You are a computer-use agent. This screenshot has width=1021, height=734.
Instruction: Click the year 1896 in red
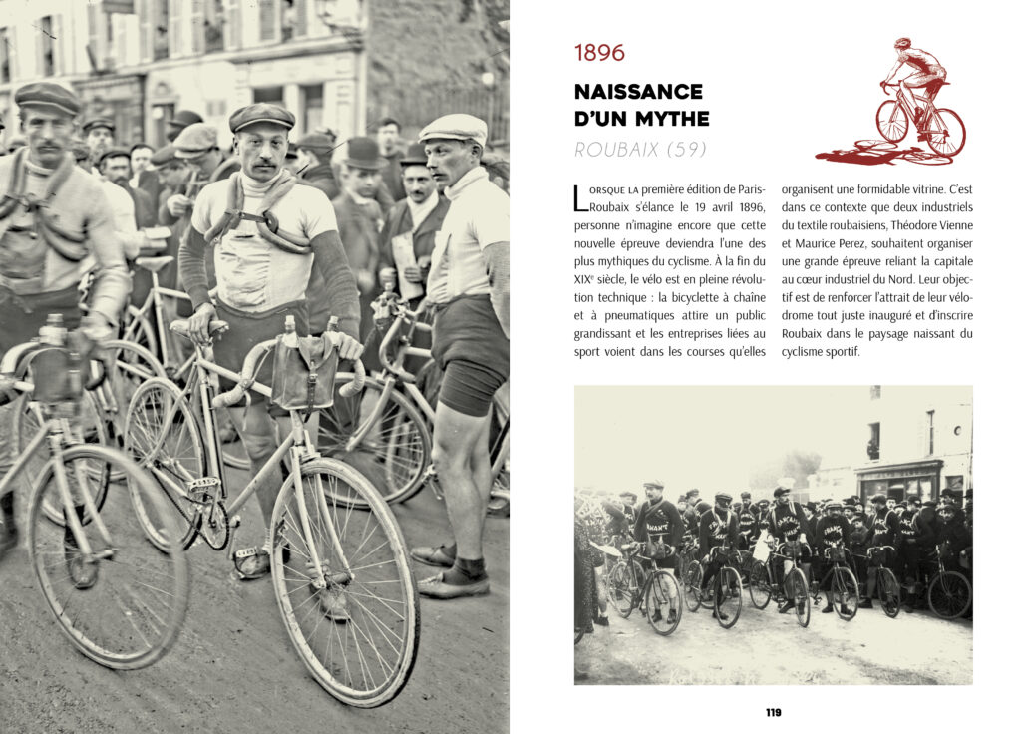point(599,53)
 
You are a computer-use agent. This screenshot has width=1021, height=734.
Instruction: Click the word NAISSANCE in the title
point(638,92)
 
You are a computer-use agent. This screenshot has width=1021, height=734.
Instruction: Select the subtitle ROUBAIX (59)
point(639,150)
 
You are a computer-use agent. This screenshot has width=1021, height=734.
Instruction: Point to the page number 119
point(773,712)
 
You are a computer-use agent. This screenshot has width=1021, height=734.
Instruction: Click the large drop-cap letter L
point(581,197)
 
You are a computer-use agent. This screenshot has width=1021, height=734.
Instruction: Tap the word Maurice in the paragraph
point(816,243)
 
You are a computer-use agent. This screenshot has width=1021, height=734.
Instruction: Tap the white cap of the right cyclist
point(454,127)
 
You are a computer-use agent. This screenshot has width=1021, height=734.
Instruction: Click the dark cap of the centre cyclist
point(261,117)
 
